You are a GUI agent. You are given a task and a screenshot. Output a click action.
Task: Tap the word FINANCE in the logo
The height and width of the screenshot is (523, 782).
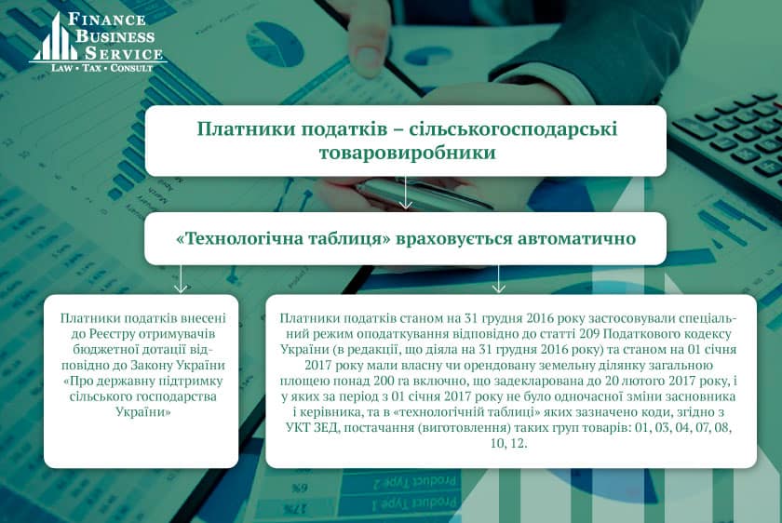click(x=107, y=19)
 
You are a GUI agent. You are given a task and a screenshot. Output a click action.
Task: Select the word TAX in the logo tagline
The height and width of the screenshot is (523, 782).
click(x=92, y=68)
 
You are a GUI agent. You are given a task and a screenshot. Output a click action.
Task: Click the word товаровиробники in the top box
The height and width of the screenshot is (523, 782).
click(x=408, y=152)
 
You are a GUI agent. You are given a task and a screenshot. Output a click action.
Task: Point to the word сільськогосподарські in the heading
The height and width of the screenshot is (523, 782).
click(x=513, y=129)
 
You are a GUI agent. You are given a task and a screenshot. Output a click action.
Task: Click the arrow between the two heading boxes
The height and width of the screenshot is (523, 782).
click(x=406, y=193)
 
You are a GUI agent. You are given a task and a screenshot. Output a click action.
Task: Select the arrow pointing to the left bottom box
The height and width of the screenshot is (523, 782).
click(x=181, y=278)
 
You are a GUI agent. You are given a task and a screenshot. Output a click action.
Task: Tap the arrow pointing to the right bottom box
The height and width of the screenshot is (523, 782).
click(x=498, y=278)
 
